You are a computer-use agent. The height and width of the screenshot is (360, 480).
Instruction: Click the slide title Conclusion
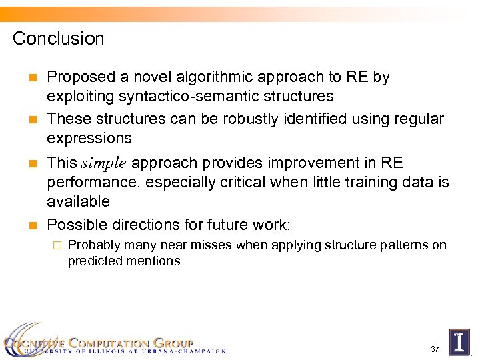(59, 39)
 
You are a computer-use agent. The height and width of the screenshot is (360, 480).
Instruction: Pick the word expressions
(89, 139)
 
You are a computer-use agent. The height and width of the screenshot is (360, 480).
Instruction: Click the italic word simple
(106, 163)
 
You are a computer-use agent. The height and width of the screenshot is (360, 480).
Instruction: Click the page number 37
(435, 349)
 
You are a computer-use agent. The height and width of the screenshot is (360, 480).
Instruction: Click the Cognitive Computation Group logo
(113, 343)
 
